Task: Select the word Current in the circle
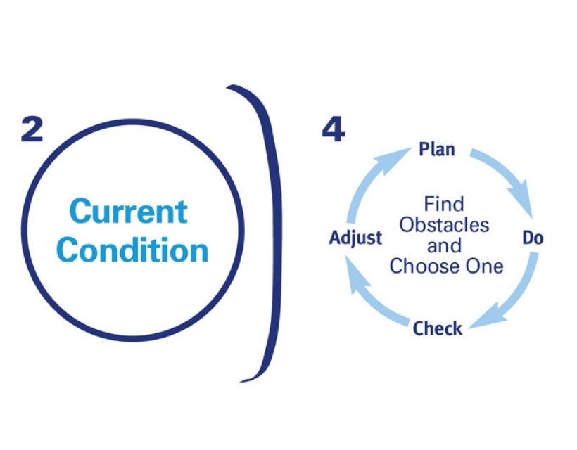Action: point(129,212)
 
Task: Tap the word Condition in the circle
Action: point(133,250)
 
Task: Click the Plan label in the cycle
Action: point(436,149)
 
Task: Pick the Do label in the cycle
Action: point(532,238)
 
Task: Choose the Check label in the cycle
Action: point(437,328)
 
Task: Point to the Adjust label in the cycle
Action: point(355,238)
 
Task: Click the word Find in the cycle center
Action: point(443,205)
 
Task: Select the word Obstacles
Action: point(444,225)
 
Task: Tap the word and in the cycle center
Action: point(444,245)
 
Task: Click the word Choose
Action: point(419,266)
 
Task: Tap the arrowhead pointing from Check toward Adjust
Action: point(351,268)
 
